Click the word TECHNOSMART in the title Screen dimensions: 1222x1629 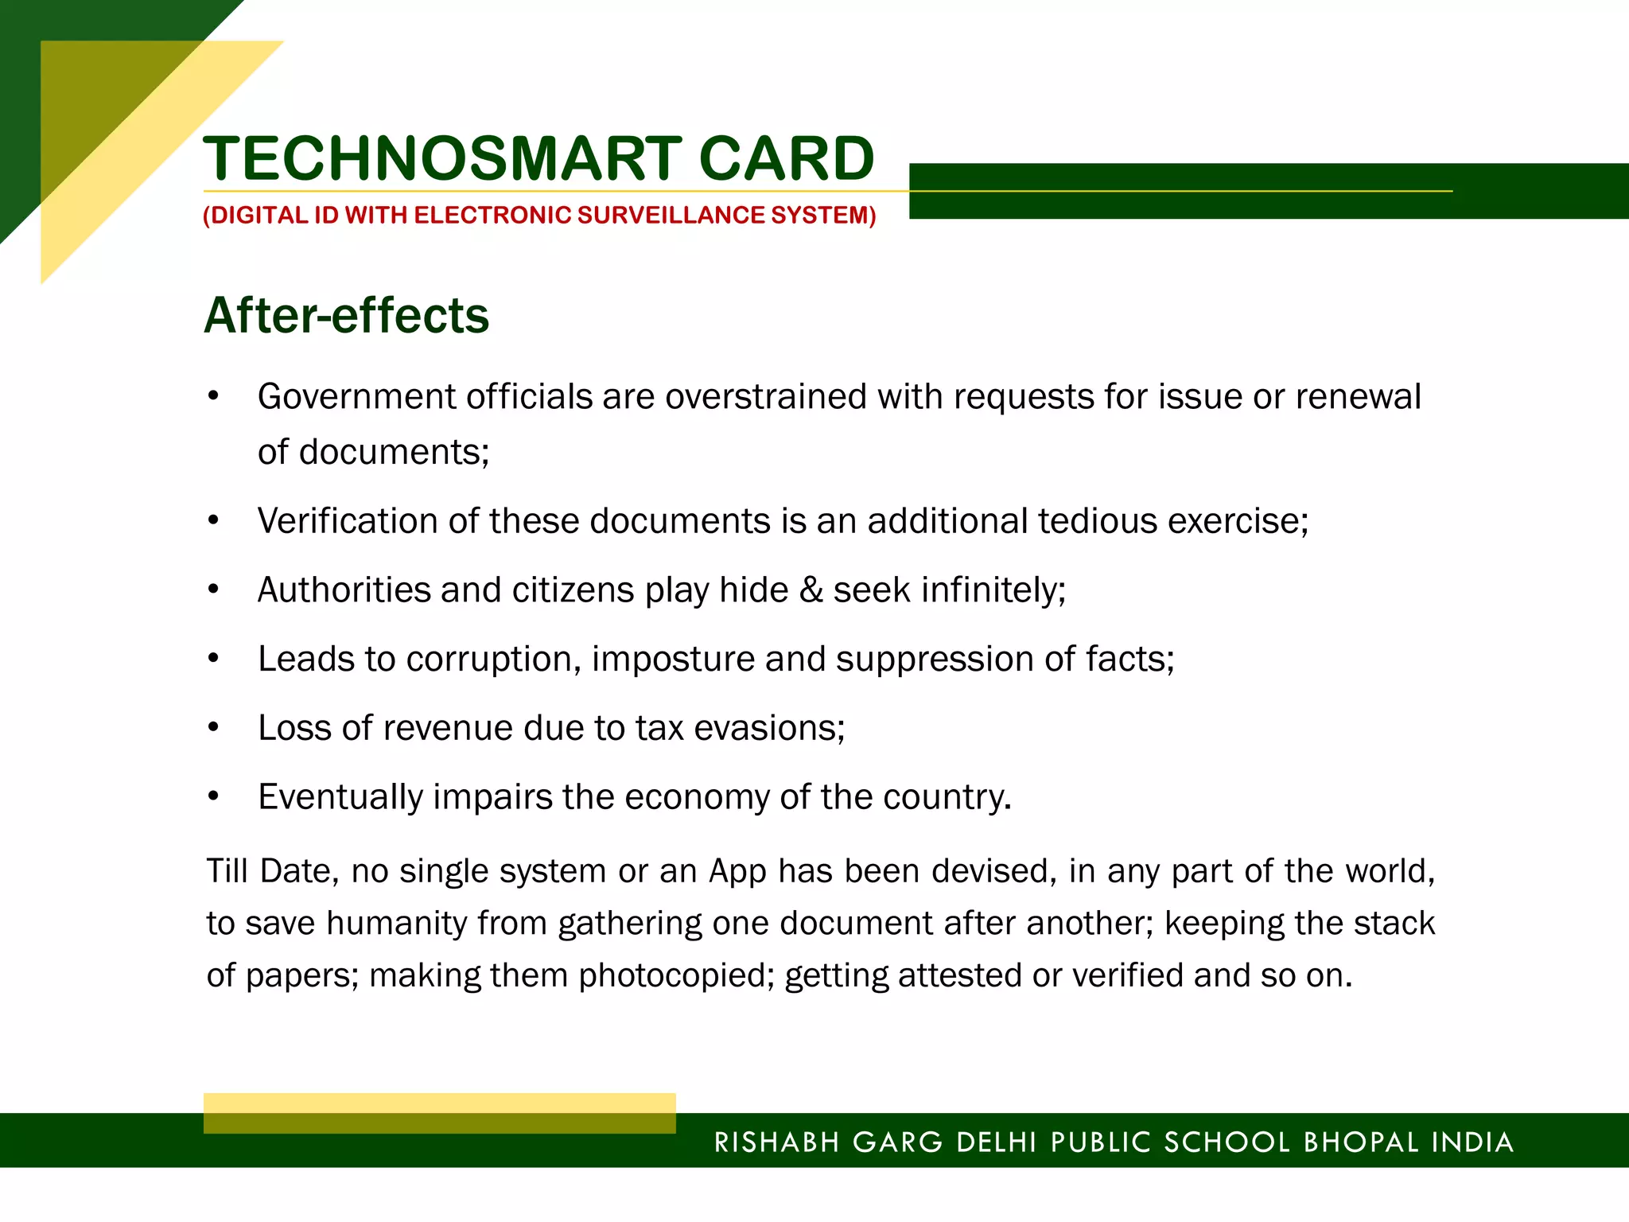point(442,158)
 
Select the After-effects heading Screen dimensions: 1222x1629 point(346,315)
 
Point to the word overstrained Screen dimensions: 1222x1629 point(765,397)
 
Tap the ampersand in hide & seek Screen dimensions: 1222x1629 point(811,590)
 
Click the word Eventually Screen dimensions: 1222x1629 point(340,797)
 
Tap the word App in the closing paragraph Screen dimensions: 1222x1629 point(737,871)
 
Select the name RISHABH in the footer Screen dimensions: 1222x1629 point(776,1142)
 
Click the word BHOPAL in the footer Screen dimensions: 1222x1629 point(1361,1142)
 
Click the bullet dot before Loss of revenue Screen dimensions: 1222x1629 point(213,727)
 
